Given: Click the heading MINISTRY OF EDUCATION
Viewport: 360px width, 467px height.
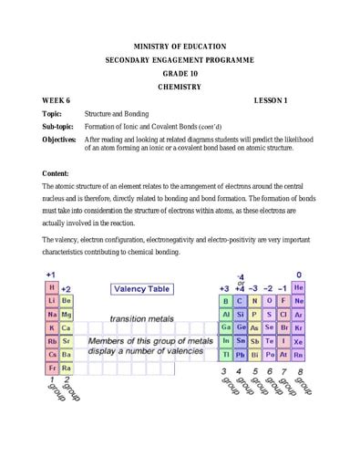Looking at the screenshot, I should pyautogui.click(x=180, y=46).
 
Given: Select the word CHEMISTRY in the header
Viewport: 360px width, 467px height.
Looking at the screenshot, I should pyautogui.click(x=180, y=87).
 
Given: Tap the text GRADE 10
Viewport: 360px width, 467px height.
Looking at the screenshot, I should pyautogui.click(x=180, y=73).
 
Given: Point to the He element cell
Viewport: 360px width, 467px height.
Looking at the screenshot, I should pyautogui.click(x=299, y=286).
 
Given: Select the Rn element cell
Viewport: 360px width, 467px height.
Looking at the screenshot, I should pyautogui.click(x=299, y=354).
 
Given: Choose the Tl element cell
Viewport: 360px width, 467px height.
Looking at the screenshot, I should pyautogui.click(x=226, y=354).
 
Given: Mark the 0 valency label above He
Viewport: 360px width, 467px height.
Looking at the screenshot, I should pyautogui.click(x=299, y=274).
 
